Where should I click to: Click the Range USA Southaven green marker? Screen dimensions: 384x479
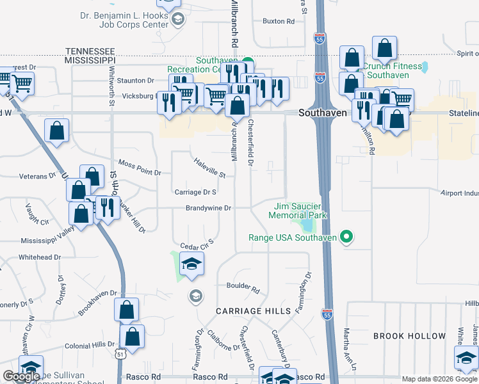pyautogui.click(x=346, y=238)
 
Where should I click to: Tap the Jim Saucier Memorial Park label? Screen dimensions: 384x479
pyautogui.click(x=300, y=211)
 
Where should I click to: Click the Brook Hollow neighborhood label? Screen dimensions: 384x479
pyautogui.click(x=410, y=336)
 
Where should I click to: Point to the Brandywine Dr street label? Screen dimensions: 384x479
pyautogui.click(x=208, y=208)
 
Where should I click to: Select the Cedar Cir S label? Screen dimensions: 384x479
pyautogui.click(x=196, y=244)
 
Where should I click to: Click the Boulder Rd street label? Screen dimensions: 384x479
pyautogui.click(x=243, y=288)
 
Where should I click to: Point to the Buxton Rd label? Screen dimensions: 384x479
pyautogui.click(x=279, y=21)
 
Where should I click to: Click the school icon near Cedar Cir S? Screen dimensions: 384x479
pyautogui.click(x=191, y=264)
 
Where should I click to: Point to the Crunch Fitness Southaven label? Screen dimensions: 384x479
pyautogui.click(x=393, y=70)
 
